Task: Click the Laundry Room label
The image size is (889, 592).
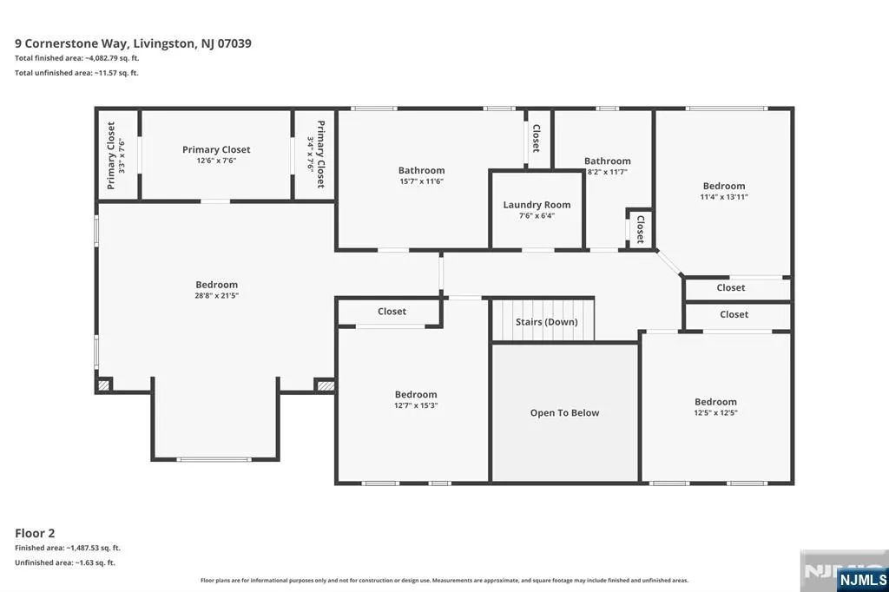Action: click(x=537, y=205)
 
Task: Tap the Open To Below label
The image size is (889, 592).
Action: click(x=564, y=413)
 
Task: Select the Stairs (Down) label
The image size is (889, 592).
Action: click(x=547, y=322)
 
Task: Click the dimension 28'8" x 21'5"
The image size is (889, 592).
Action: click(x=216, y=295)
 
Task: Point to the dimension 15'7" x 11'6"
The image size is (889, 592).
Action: click(x=421, y=181)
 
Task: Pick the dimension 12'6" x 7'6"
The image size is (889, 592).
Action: click(x=216, y=161)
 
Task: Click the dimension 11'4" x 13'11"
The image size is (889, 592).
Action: click(x=724, y=197)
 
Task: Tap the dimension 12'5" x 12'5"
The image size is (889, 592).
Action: click(x=715, y=413)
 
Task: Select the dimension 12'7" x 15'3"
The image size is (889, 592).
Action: click(x=416, y=405)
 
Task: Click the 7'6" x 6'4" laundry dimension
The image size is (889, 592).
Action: click(x=537, y=215)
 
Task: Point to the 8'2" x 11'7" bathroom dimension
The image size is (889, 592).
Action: click(x=607, y=172)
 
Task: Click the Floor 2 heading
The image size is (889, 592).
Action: click(x=35, y=533)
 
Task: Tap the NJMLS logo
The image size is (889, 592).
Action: click(x=862, y=580)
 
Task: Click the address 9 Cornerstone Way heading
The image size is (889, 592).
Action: click(x=133, y=43)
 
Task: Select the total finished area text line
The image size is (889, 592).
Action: click(x=77, y=58)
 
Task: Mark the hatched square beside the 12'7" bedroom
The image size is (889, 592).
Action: click(x=326, y=385)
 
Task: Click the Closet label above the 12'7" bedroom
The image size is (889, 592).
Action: click(x=392, y=312)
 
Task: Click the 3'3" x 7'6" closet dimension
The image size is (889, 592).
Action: click(x=122, y=155)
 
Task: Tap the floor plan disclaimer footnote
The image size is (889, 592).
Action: click(x=444, y=580)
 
